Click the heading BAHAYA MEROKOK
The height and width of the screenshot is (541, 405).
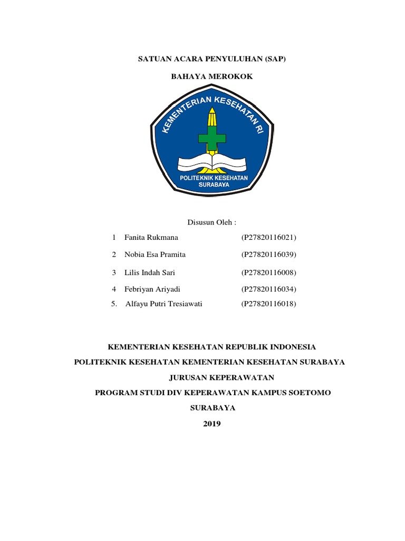tap(211, 77)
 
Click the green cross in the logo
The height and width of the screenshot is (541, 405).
tap(211, 138)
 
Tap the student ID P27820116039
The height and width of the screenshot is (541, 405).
tap(269, 255)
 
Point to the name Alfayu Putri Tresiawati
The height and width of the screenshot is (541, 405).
tap(164, 304)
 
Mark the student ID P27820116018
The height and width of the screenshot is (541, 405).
tap(269, 304)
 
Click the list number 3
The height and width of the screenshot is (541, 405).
tap(113, 273)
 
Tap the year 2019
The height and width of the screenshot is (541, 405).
tap(212, 424)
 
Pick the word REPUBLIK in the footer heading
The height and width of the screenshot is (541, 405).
tap(247, 347)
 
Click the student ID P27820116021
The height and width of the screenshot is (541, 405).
tap(269, 238)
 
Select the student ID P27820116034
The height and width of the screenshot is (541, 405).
tap(269, 290)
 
